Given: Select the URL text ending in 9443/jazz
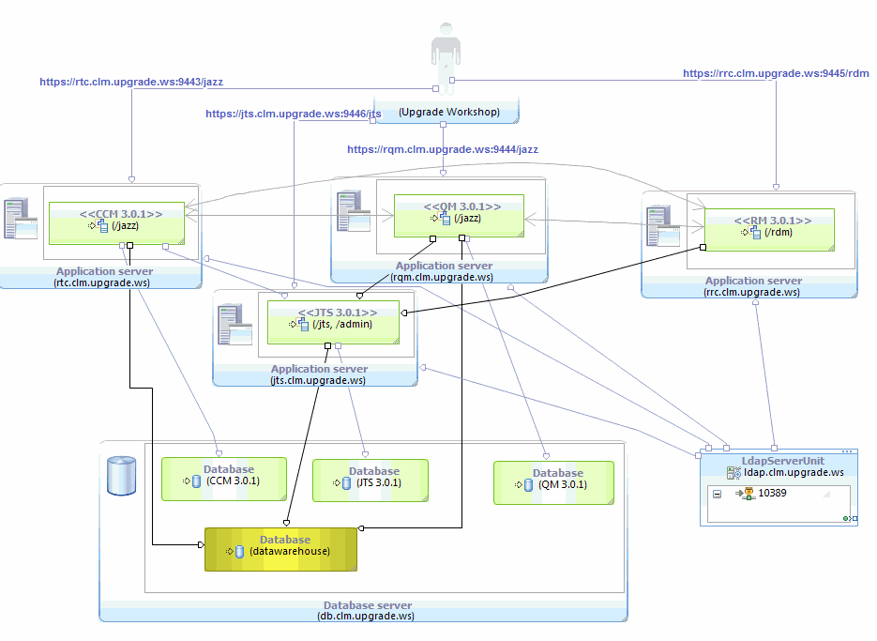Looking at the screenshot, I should click(x=131, y=82).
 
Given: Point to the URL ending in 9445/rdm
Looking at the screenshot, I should click(x=776, y=73).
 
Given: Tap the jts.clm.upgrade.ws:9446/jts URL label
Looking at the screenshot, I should click(x=294, y=114).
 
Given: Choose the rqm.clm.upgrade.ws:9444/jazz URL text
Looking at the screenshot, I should click(x=443, y=149).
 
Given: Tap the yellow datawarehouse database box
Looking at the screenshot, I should click(x=280, y=549).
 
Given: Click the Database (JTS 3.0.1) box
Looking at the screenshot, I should click(x=370, y=480).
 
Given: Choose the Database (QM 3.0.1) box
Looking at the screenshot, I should click(x=553, y=481).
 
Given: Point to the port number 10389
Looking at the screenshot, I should click(x=772, y=493).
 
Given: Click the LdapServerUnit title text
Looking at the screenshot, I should click(x=769, y=461).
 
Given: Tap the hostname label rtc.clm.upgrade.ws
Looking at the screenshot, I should click(x=102, y=282).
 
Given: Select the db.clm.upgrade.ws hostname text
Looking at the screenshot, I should click(x=367, y=616).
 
